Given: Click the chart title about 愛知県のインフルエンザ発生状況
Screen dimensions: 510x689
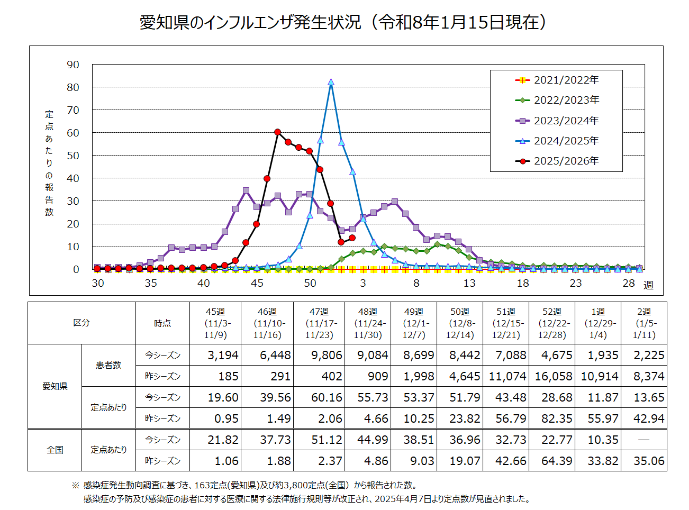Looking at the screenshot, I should [344, 22].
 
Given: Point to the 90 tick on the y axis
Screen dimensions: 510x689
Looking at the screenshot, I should [73, 65].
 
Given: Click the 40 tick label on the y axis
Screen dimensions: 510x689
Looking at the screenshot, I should [73, 178].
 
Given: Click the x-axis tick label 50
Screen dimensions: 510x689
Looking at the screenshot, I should [310, 283].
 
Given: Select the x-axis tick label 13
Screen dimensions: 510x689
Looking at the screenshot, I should [469, 283].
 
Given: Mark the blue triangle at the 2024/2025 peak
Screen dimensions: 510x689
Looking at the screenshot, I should [331, 82].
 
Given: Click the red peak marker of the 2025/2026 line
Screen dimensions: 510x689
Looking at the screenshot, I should [278, 132].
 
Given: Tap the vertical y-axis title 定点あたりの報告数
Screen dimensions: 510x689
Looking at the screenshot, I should [49, 163].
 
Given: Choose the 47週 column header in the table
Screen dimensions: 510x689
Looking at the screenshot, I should [319, 323].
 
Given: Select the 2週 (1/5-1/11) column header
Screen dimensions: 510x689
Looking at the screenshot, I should [644, 323].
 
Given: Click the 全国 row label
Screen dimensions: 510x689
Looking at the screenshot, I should [55, 450].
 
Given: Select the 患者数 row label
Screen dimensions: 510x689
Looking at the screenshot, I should [108, 365].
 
